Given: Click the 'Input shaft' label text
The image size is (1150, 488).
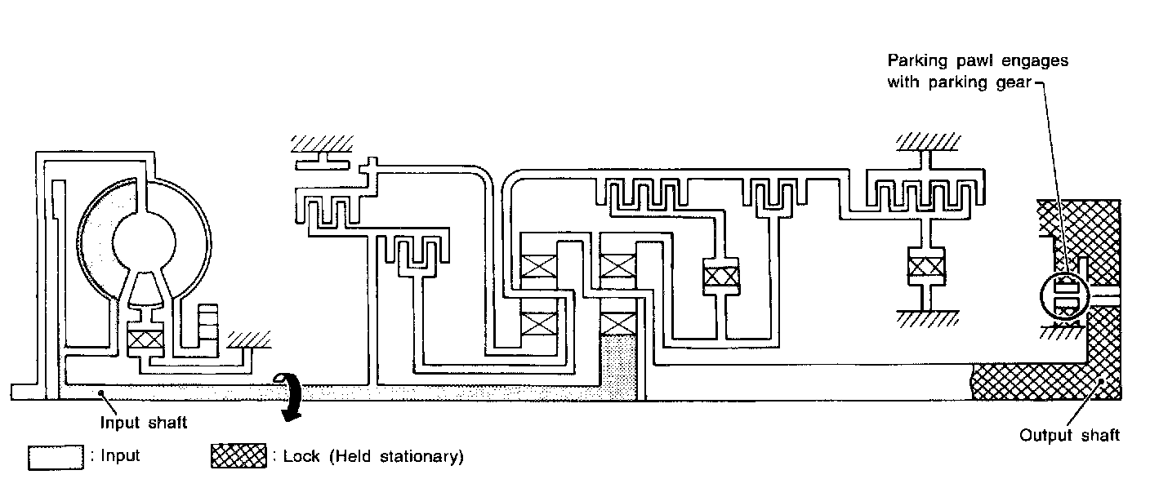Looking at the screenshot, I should [x=144, y=422].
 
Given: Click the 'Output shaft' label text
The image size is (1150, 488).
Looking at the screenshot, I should [x=1069, y=435].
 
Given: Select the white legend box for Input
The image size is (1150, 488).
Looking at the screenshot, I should [x=56, y=457].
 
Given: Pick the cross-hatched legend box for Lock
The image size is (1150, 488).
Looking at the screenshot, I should [x=238, y=457].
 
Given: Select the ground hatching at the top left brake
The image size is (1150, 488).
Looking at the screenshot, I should [x=321, y=144].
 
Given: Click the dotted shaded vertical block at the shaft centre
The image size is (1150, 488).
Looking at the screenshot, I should [x=621, y=367].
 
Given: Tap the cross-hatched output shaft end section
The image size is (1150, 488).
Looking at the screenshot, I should [x=1029, y=382].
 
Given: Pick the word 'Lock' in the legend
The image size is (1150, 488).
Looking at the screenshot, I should [x=300, y=457].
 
